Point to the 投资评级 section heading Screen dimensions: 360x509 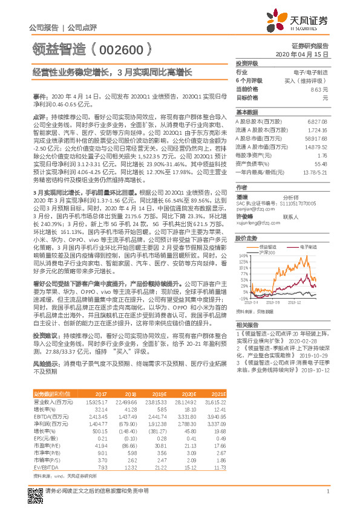[x=247, y=63]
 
